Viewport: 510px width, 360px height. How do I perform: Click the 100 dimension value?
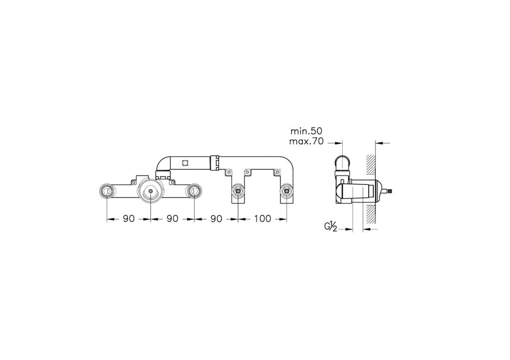[263, 219]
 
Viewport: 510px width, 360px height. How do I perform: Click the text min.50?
[306, 132]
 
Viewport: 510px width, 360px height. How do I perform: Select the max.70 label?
[306, 141]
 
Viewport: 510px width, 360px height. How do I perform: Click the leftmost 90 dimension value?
[129, 219]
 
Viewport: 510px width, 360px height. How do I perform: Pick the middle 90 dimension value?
[172, 219]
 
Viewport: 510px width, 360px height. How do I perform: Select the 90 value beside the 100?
[216, 219]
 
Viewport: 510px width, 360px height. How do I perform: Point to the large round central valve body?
[150, 192]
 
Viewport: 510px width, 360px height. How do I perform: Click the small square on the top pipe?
[185, 163]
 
